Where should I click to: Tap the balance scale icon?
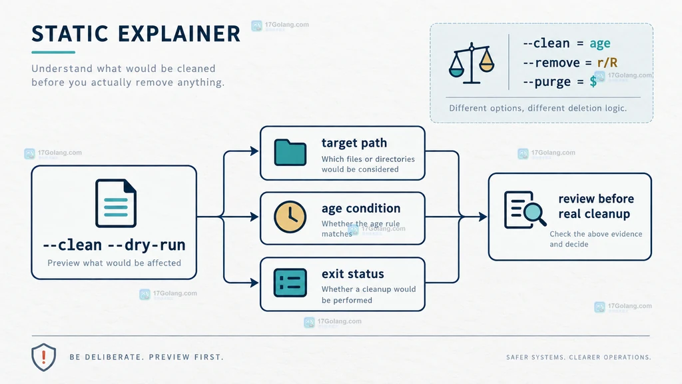(472, 63)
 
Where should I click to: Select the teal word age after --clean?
(600, 43)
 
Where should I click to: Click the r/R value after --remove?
(607, 63)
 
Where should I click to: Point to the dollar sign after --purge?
(593, 81)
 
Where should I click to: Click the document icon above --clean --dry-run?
(116, 203)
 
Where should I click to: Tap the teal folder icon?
(290, 153)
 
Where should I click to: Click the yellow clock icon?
(290, 217)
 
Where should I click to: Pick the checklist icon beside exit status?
(290, 283)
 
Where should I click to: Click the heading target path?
(354, 143)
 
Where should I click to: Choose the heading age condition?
(361, 209)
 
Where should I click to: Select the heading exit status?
(353, 274)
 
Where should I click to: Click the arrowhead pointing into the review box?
(482, 217)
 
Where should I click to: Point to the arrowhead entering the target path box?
(254, 151)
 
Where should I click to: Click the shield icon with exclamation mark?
(43, 357)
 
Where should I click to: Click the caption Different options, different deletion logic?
(538, 108)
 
